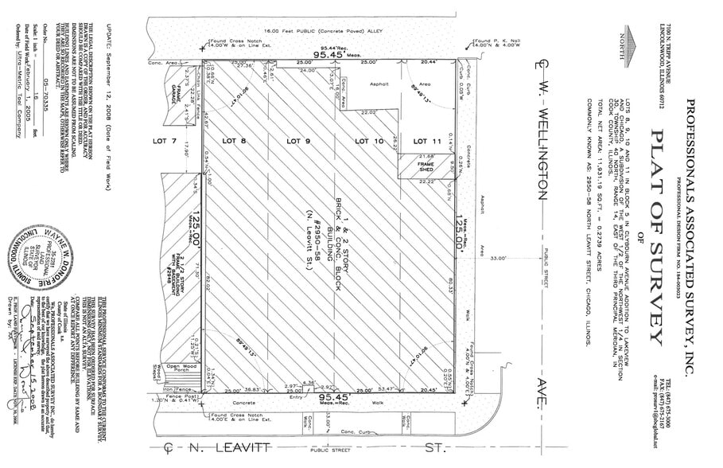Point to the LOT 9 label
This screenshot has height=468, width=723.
pos(298,141)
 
